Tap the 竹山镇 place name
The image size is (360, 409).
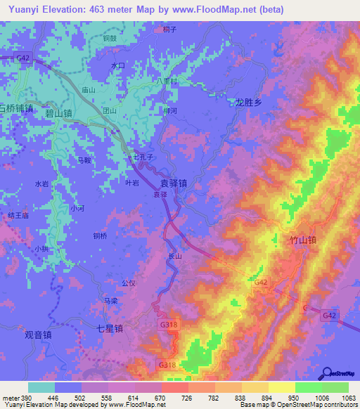(x=303, y=240)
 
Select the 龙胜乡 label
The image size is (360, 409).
(x=247, y=102)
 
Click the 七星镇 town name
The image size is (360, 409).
(x=110, y=328)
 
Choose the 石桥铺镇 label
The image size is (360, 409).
(x=15, y=108)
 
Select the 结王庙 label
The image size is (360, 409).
(x=17, y=216)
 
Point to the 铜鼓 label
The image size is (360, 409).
(x=109, y=39)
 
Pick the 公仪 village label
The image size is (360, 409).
(x=128, y=283)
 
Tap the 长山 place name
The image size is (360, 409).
(x=176, y=257)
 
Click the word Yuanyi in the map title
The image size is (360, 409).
(x=24, y=9)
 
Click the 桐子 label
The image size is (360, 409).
(x=168, y=29)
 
